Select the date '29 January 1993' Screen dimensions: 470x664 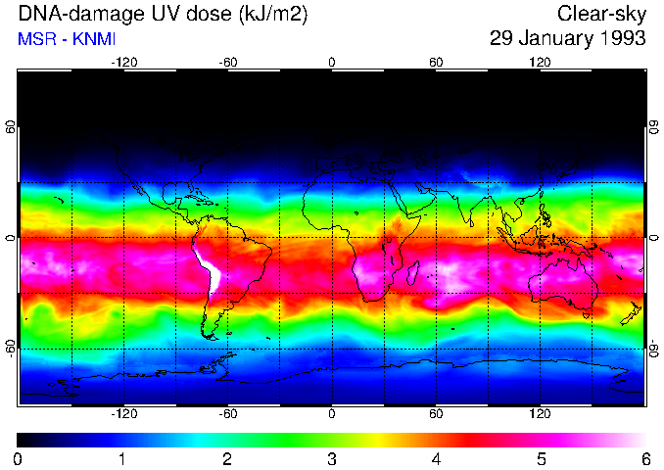tap(568, 39)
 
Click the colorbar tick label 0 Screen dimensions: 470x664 tap(19, 458)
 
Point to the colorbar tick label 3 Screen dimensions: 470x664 tap(332, 458)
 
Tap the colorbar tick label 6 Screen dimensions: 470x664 tap(644, 458)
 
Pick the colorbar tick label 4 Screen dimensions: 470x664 tap(436, 458)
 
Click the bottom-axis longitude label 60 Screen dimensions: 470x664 tap(436, 413)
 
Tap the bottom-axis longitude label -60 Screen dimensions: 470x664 tap(227, 413)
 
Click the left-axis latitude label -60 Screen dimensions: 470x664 tap(11, 349)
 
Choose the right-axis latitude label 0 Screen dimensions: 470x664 tap(652, 238)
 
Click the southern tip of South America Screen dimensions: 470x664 tap(209, 336)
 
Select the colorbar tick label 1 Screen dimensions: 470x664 tap(122, 458)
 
